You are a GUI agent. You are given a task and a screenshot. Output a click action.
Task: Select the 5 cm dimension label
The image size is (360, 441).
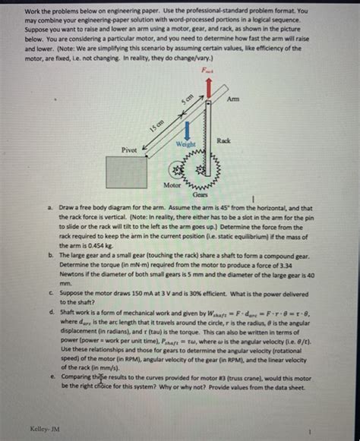click(186, 98)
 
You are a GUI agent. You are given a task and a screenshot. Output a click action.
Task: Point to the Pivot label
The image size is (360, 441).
click(130, 151)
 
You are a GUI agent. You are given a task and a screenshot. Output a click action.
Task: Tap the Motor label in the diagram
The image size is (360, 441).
click(172, 184)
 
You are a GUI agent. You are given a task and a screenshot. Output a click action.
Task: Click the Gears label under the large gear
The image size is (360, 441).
click(201, 194)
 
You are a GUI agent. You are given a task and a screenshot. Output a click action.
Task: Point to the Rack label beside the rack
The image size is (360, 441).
click(224, 141)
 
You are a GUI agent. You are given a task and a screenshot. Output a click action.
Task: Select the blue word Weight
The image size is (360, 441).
click(186, 143)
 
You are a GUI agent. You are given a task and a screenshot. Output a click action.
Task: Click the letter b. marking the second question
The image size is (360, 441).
click(49, 256)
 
